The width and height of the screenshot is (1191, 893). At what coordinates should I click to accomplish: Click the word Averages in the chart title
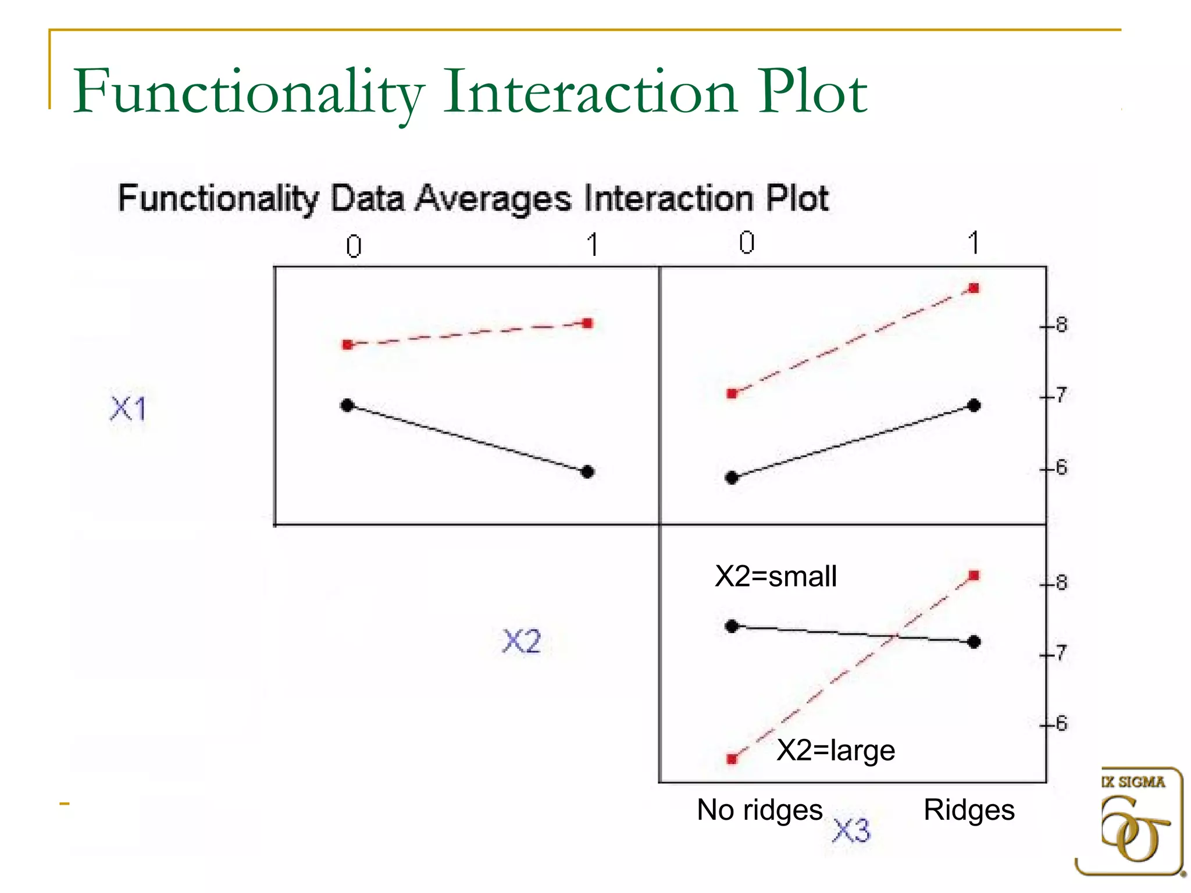pyautogui.click(x=494, y=199)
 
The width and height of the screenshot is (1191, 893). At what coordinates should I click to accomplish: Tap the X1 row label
pyautogui.click(x=129, y=408)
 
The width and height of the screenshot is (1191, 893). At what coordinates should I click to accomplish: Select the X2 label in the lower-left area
pyautogui.click(x=522, y=641)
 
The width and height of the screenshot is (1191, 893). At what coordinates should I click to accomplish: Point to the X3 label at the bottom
pyautogui.click(x=851, y=830)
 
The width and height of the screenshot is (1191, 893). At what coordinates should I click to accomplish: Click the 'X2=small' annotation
pyautogui.click(x=776, y=577)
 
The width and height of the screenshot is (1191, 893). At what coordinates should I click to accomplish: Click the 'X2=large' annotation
pyautogui.click(x=836, y=750)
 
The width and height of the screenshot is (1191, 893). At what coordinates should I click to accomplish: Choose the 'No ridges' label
pyautogui.click(x=759, y=810)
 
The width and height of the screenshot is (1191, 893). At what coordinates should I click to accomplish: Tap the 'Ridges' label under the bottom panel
pyautogui.click(x=969, y=810)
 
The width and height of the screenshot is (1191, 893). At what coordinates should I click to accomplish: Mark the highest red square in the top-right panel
pyautogui.click(x=975, y=288)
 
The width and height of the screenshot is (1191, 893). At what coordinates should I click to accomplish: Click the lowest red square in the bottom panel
pyautogui.click(x=732, y=759)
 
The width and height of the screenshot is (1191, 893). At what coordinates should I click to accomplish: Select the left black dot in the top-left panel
pyautogui.click(x=347, y=405)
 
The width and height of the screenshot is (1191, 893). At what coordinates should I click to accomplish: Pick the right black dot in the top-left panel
pyautogui.click(x=587, y=471)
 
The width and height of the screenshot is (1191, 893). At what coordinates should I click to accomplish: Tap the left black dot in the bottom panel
pyautogui.click(x=732, y=626)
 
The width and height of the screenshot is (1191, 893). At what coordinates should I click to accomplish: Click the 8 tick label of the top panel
pyautogui.click(x=1061, y=325)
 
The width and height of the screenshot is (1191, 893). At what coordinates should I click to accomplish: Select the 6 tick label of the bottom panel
pyautogui.click(x=1061, y=724)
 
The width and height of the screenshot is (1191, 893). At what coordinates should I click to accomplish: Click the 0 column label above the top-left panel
pyautogui.click(x=354, y=247)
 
